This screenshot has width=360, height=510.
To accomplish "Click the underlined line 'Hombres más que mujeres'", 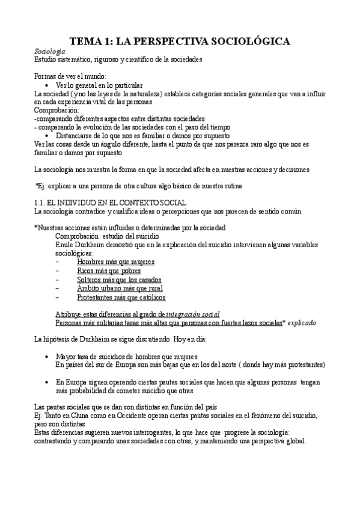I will [x=115, y=262].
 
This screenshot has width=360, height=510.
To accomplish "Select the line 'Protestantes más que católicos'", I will [x=121, y=297].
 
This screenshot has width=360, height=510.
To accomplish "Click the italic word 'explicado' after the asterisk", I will [x=302, y=323].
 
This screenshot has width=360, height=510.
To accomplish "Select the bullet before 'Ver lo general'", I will [x=46, y=86].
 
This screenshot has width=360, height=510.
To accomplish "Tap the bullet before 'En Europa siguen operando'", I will [x=47, y=382].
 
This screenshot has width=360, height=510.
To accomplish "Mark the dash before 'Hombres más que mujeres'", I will [x=57, y=262].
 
